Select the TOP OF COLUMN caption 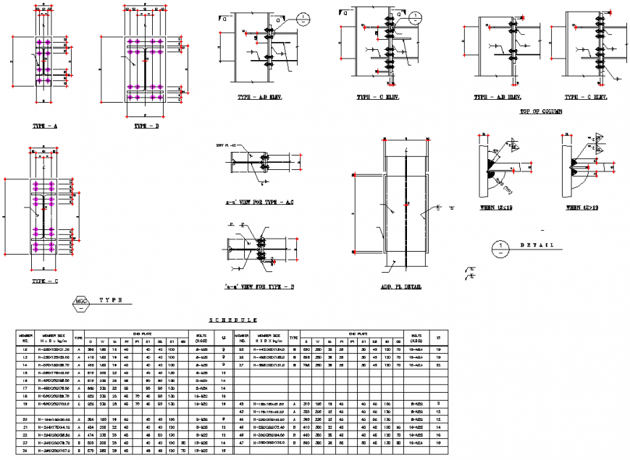[x=542, y=112]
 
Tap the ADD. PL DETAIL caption [x=400, y=287]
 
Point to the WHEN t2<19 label [x=495, y=208]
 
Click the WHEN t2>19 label [x=584, y=208]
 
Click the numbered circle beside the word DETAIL [x=500, y=247]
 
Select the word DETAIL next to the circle [x=537, y=246]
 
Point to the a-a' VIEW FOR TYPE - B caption [x=259, y=288]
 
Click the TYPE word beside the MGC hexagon [x=110, y=299]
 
